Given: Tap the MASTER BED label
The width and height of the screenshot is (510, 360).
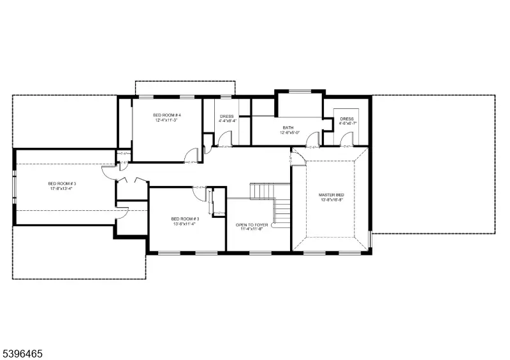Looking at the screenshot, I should [331, 194].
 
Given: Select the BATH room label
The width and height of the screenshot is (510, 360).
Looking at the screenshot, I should [288, 127].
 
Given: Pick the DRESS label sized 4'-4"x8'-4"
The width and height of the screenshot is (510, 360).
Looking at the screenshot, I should [227, 116].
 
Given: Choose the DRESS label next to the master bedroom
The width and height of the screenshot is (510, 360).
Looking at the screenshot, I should [347, 119].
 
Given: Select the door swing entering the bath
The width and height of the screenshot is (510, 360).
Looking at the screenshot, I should [312, 141].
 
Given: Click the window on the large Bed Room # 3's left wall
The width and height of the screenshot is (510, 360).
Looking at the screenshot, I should [15, 186].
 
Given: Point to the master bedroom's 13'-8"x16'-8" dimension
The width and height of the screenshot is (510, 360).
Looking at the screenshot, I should [331, 199].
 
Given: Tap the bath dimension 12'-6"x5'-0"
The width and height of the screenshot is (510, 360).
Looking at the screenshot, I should [288, 133].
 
